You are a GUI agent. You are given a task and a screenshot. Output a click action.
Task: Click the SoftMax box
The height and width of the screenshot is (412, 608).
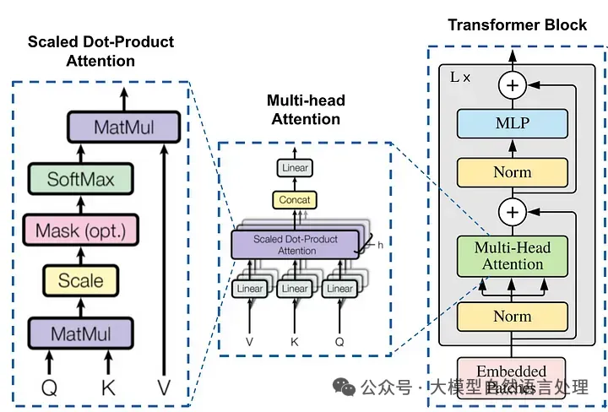click(81, 178)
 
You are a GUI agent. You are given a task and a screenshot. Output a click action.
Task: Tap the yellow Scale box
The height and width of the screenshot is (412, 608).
click(81, 281)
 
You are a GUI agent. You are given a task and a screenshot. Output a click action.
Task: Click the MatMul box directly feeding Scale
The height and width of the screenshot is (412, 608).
click(81, 333)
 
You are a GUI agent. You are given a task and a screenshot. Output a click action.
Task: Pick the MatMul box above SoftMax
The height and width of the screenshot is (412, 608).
click(125, 127)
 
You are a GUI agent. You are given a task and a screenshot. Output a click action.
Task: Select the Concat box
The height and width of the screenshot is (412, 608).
click(295, 200)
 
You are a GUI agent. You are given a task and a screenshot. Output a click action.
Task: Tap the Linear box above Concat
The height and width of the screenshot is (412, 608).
click(295, 168)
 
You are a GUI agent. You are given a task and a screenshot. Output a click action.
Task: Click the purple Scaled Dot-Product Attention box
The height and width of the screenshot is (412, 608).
click(295, 245)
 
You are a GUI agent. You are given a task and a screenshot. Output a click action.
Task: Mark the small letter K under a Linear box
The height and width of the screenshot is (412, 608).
click(295, 343)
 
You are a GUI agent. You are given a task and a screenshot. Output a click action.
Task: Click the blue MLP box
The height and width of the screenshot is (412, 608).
click(512, 124)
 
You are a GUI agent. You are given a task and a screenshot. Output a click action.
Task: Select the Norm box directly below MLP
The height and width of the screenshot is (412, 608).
click(512, 172)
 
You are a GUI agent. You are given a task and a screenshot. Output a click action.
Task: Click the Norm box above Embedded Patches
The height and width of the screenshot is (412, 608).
click(512, 317)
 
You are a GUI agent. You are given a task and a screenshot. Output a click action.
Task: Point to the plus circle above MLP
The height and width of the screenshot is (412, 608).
click(512, 84)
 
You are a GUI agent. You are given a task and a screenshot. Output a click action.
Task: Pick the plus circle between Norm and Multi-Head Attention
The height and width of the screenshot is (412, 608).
click(512, 210)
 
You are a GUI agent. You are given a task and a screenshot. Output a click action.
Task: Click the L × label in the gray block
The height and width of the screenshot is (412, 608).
click(462, 77)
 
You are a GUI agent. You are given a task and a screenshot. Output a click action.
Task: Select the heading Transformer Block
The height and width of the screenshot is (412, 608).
click(517, 24)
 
